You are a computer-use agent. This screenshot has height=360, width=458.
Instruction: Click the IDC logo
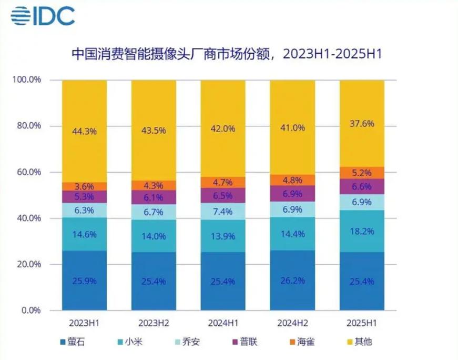pyautogui.click(x=43, y=16)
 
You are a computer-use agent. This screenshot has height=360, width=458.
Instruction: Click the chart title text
pyautogui.click(x=226, y=55)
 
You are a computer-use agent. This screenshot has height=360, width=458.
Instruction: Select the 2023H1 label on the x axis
pyautogui.click(x=84, y=322)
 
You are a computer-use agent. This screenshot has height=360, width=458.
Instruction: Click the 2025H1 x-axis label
pyautogui.click(x=362, y=322)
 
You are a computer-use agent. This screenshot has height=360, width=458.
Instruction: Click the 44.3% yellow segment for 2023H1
pyautogui.click(x=84, y=131)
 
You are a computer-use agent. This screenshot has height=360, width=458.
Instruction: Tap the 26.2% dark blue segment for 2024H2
pyautogui.click(x=292, y=281)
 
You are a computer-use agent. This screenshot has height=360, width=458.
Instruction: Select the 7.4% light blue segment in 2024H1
pyautogui.click(x=223, y=211)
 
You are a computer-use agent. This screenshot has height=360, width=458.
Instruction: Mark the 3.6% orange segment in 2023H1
pyautogui.click(x=84, y=186)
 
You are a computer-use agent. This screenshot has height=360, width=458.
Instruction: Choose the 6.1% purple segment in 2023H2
pyautogui.click(x=154, y=197)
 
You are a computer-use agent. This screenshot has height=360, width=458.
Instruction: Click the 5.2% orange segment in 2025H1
pyautogui.click(x=362, y=173)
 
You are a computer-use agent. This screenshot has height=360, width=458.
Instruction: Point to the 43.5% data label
pyautogui.click(x=154, y=131)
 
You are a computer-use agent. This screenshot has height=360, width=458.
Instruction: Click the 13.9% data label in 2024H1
pyautogui.click(x=223, y=236)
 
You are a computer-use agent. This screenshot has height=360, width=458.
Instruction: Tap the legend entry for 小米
pyautogui.click(x=128, y=342)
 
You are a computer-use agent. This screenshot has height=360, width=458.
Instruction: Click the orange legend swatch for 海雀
pyautogui.click(x=289, y=342)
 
